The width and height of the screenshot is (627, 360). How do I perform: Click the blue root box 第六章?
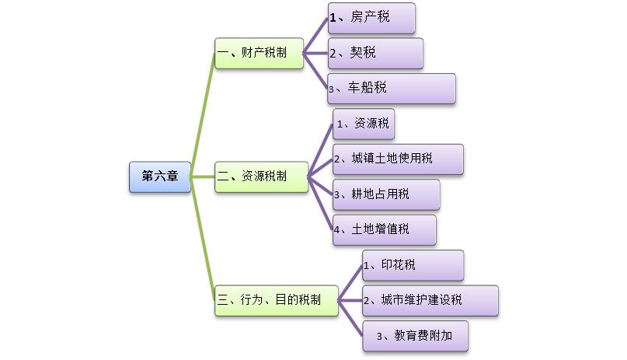[159, 177]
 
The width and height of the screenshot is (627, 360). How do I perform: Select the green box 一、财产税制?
[259, 53]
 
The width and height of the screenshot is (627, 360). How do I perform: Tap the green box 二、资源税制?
[261, 177]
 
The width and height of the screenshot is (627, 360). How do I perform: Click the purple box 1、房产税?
[371, 18]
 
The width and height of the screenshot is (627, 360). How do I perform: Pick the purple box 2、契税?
[375, 53]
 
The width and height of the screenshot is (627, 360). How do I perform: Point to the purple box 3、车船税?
[392, 89]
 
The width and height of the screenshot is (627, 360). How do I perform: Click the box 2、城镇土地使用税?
[398, 159]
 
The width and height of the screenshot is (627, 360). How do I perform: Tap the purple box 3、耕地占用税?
[386, 194]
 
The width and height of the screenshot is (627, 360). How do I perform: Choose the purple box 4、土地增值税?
[385, 230]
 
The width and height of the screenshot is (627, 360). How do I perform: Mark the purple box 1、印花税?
[413, 265]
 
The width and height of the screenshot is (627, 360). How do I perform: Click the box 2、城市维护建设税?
[430, 300]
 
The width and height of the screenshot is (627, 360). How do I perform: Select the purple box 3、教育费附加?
[416, 336]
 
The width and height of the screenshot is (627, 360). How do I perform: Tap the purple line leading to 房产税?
[315, 36]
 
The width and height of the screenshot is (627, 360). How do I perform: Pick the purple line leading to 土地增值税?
[320, 203]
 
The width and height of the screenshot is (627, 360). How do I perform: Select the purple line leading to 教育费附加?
[351, 318]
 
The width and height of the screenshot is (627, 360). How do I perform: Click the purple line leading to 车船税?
[315, 71]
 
